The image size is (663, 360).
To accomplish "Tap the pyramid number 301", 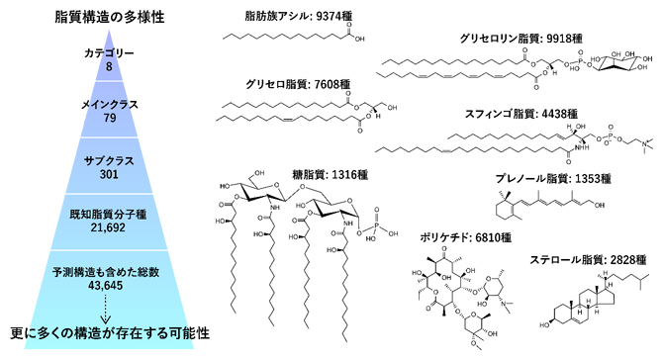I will [110, 174].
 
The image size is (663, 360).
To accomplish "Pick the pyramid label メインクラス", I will [110, 103].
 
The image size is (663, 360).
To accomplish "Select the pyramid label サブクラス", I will [110, 158].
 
